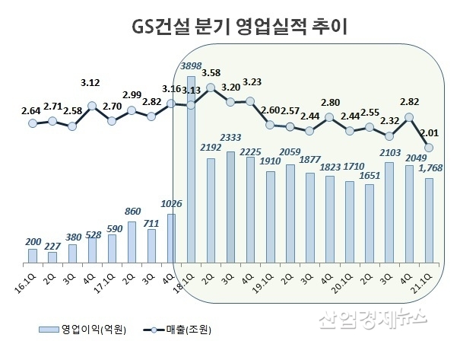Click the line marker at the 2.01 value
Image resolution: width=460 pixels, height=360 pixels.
pyautogui.click(x=429, y=147)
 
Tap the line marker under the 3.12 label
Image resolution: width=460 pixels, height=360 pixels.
pyautogui.click(x=92, y=107)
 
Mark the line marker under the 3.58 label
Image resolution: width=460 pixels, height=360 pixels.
pyautogui.click(x=211, y=90)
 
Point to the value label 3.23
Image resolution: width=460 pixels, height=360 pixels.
pyautogui.click(x=251, y=84)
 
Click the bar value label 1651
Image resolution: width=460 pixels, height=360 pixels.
pyautogui.click(x=370, y=177)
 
